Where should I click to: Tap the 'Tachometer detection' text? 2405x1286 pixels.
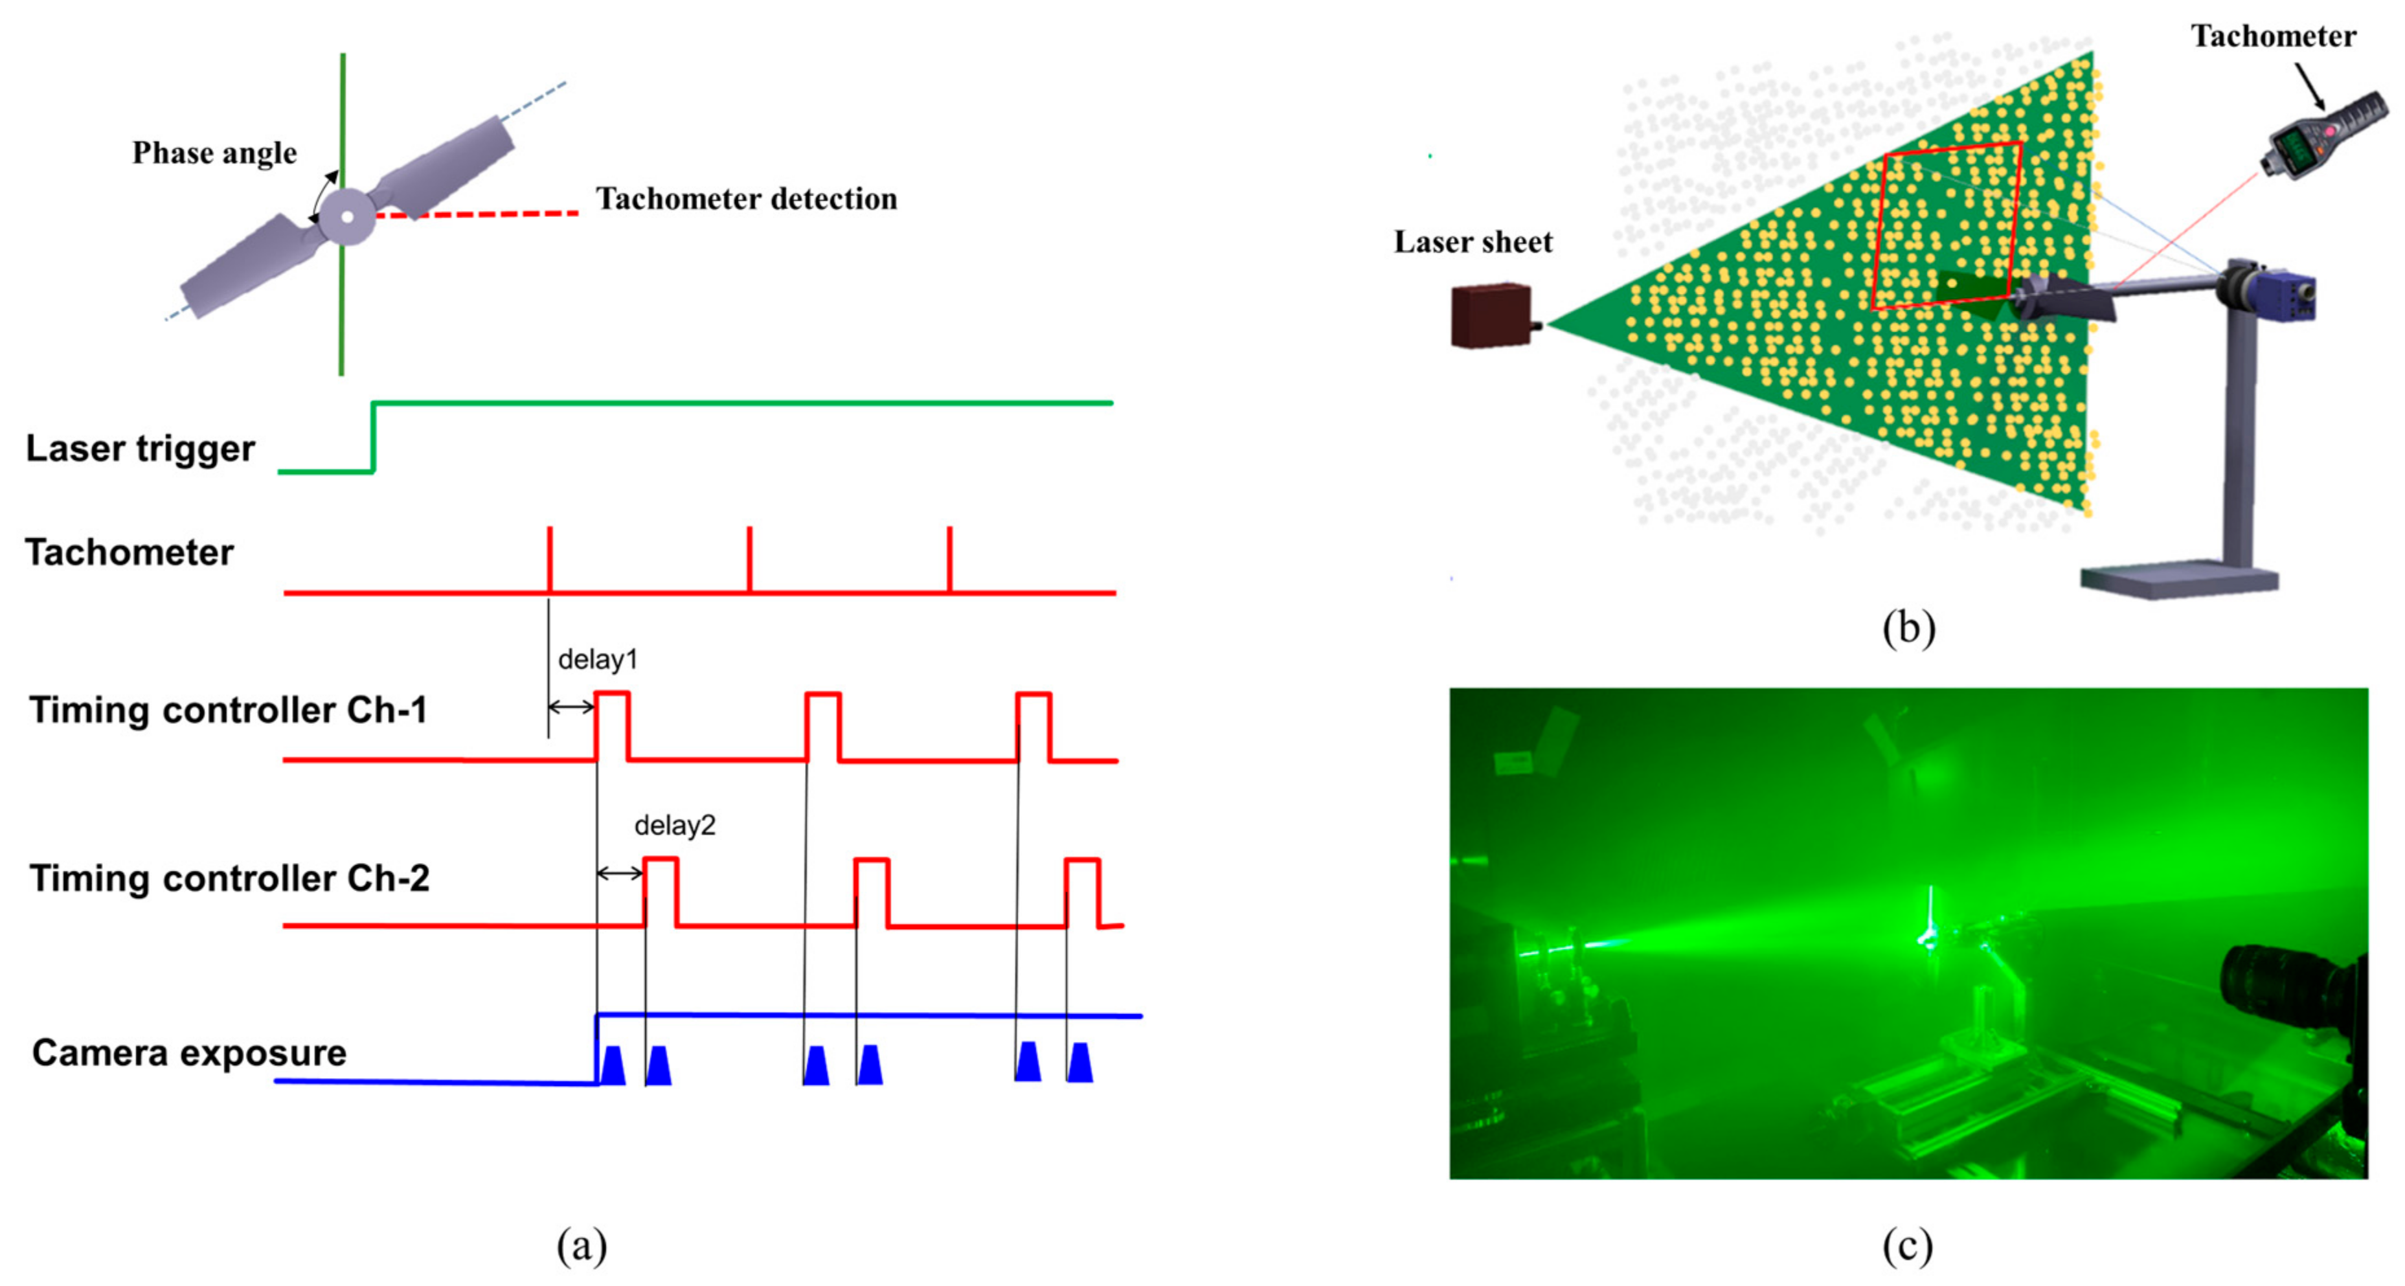tap(746, 199)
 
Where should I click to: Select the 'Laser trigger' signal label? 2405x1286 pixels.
tap(140, 448)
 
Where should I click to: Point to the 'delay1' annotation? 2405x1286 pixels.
tap(598, 659)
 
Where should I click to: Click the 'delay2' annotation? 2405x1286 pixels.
tap(674, 826)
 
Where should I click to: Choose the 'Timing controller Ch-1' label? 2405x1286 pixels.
tap(228, 710)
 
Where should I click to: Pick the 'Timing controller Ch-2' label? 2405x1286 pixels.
tap(229, 878)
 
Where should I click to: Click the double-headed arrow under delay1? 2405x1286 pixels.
tap(571, 707)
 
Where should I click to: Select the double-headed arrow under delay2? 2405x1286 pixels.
tap(619, 874)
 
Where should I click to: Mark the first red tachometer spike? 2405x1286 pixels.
tap(550, 558)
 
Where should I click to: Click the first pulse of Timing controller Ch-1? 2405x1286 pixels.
tap(613, 725)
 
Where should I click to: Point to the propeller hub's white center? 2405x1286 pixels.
tap(347, 217)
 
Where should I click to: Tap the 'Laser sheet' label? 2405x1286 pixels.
tap(1473, 242)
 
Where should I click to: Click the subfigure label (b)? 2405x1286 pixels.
tap(1908, 627)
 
